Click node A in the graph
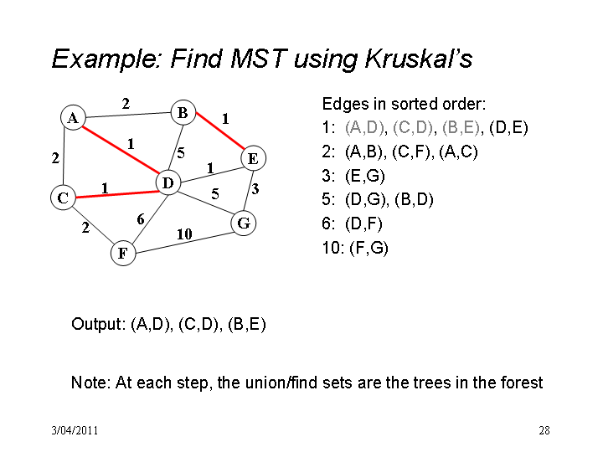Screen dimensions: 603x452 73,118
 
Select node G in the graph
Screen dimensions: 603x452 244,223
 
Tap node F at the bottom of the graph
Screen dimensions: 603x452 123,253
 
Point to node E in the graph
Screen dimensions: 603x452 253,158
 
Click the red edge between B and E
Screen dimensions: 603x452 220,131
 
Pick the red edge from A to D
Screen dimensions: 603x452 121,151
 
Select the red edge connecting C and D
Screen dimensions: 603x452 118,194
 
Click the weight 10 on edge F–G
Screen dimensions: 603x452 184,234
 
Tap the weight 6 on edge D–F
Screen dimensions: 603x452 141,219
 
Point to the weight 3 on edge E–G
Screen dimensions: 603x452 255,188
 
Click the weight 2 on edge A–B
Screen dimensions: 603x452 126,104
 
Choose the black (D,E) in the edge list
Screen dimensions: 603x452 508,127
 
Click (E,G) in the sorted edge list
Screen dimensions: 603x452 365,176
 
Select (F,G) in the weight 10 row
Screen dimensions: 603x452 368,248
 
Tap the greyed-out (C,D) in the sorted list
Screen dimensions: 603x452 413,127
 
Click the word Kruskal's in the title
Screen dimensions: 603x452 419,59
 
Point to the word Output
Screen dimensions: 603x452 98,324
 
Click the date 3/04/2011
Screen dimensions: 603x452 75,430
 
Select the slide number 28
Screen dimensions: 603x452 544,430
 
